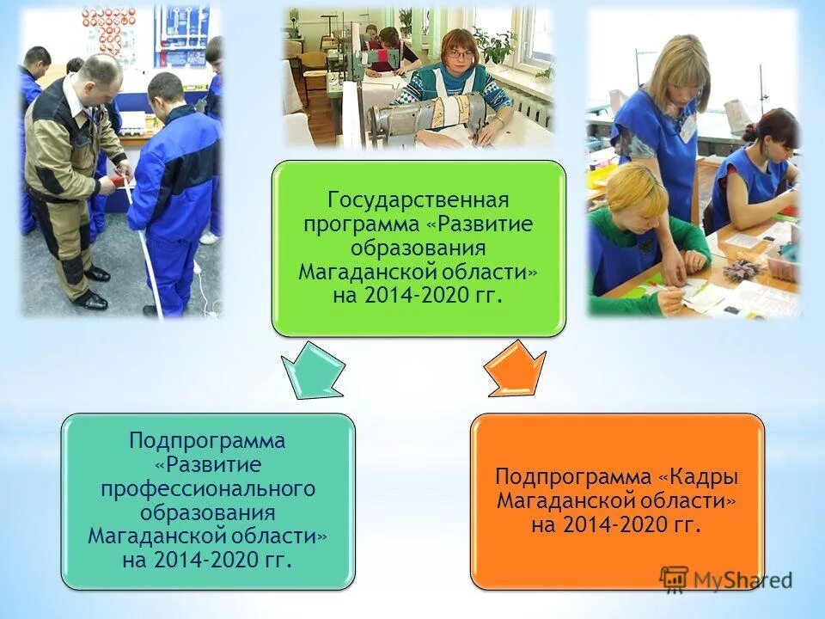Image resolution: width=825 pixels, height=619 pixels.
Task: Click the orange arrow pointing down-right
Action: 516,369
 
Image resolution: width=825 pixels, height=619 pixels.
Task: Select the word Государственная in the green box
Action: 419,200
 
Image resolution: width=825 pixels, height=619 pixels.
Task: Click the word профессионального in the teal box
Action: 208,488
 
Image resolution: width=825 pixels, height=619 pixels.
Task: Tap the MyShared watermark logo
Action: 726,579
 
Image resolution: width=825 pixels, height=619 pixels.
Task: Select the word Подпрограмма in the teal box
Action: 207,440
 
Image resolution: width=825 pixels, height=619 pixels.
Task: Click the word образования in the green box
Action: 419,248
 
